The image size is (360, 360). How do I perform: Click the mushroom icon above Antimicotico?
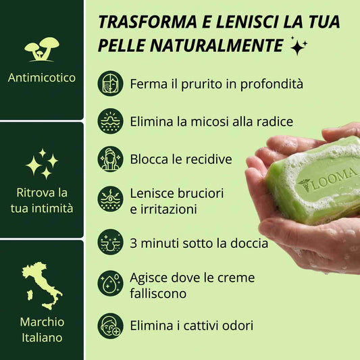(42, 49)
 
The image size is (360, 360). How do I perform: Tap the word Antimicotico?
(42, 78)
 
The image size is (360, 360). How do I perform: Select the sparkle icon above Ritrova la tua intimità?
(42, 163)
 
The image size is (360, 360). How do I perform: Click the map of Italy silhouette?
(42, 286)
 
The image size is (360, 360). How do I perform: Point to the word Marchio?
(42, 322)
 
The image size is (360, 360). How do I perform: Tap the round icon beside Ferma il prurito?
(111, 83)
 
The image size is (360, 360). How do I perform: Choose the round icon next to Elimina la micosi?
(111, 121)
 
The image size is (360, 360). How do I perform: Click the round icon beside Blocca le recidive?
(111, 159)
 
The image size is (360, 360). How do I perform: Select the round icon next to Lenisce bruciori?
(111, 199)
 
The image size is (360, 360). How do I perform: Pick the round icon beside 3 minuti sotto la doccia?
(111, 242)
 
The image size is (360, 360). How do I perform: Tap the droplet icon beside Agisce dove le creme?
(111, 283)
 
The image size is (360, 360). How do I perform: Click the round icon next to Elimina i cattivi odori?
(111, 326)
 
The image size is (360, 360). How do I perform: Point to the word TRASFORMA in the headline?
(148, 22)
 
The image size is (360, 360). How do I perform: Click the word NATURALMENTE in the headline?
(217, 45)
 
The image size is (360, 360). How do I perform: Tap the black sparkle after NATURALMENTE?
(299, 45)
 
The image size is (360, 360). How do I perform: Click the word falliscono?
(158, 293)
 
